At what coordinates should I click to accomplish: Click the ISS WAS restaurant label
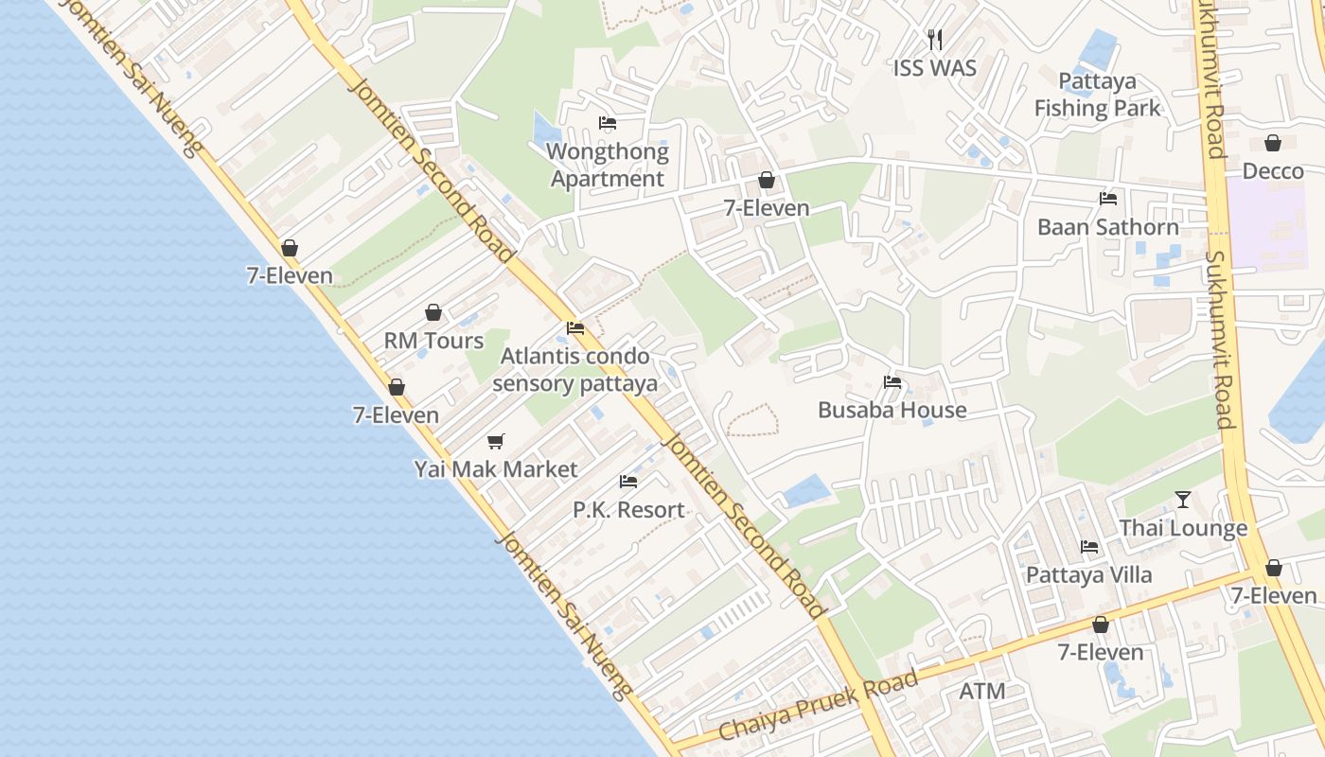point(934,68)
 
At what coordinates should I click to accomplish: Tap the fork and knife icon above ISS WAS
point(935,40)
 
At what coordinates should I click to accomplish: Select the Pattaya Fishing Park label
point(1097,95)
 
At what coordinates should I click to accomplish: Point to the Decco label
point(1273,171)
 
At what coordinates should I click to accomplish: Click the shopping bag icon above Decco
point(1273,143)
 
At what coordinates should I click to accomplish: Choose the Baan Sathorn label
point(1108,227)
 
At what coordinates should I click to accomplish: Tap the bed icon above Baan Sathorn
point(1108,199)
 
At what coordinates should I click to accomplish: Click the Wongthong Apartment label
point(608,165)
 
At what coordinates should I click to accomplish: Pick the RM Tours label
point(433,341)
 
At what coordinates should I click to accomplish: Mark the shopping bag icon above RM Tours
point(433,312)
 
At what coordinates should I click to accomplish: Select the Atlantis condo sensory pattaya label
point(574,370)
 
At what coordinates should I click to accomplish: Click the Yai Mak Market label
point(496,469)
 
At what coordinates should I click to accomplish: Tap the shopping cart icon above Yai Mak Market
point(496,441)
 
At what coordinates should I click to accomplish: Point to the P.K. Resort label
point(628,510)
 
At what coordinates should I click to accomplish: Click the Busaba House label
point(892,410)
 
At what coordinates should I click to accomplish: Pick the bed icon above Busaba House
point(892,382)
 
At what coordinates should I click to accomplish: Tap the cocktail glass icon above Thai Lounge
point(1183,500)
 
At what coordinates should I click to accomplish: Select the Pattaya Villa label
point(1089,575)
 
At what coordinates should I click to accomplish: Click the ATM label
point(982,692)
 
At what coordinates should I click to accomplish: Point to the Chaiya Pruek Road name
point(819,706)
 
